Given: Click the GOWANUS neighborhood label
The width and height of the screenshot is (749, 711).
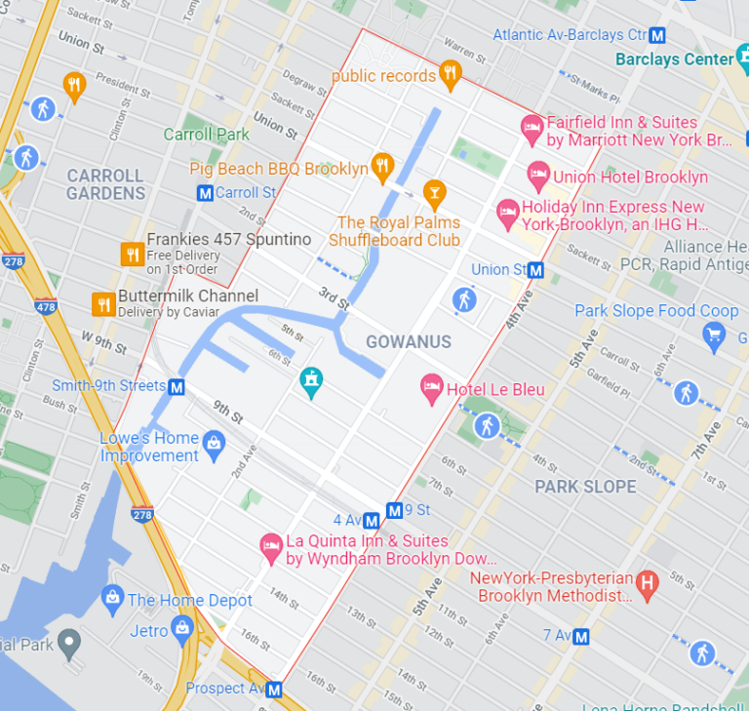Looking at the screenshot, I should pos(409,341).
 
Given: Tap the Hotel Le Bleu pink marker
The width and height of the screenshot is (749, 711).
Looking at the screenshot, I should pos(431,389).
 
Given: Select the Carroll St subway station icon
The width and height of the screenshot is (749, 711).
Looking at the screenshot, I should pos(205,193).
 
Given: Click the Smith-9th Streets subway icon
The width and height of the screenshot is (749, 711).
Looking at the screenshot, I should pos(177,387).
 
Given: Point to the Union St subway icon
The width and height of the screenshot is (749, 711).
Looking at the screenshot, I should pos(535,270).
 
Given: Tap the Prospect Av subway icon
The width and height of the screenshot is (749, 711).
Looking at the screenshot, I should pos(274,690).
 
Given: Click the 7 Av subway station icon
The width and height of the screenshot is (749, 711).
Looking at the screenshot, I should pos(581,637).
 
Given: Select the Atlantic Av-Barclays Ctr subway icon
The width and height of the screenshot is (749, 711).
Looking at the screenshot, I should pos(658,35).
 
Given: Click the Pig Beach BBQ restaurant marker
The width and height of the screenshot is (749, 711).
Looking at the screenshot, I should pos(382,167).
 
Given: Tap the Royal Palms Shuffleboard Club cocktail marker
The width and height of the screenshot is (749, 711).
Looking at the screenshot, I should pos(434,192).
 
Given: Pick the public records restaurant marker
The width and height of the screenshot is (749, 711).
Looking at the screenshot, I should pos(449,73).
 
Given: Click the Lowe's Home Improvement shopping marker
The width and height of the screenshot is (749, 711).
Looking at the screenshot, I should pos(214,447).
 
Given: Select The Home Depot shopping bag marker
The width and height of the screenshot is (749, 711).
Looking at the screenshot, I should pos(112,596).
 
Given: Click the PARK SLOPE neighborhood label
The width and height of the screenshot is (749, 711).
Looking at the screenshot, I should pos(585,487).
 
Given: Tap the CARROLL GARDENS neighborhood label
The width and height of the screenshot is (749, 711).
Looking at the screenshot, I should pos(105,184).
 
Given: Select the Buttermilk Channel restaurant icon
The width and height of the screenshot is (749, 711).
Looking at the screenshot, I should pos(103,303).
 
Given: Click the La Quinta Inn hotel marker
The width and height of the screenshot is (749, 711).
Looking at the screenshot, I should pos(271,547).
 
